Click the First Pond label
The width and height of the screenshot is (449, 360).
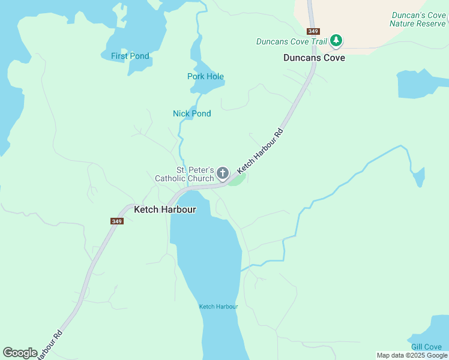pos(130,56)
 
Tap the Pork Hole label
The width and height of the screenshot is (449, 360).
pos(205,76)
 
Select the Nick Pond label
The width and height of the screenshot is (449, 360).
pos(191,113)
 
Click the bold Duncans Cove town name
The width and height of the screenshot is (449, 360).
pos(314,58)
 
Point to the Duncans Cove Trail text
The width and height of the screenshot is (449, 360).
pos(291,41)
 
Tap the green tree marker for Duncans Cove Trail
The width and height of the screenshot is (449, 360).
pos(337,41)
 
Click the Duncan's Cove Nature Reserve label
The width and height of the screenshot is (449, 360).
pos(418,19)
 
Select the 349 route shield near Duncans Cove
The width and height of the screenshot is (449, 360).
pos(313,31)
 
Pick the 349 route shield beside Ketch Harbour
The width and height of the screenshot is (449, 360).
pos(116,221)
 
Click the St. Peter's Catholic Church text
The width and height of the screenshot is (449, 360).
pos(184,174)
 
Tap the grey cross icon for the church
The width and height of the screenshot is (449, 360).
pos(223,174)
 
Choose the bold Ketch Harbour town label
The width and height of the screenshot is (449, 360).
pos(164,209)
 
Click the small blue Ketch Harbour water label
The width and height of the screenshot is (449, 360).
pos(218,307)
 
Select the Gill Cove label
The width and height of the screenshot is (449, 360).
pos(426,347)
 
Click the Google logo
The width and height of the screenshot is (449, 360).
pos(20,353)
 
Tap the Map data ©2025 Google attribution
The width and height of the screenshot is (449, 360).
pos(412,355)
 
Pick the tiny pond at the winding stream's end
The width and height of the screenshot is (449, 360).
pos(419,177)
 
